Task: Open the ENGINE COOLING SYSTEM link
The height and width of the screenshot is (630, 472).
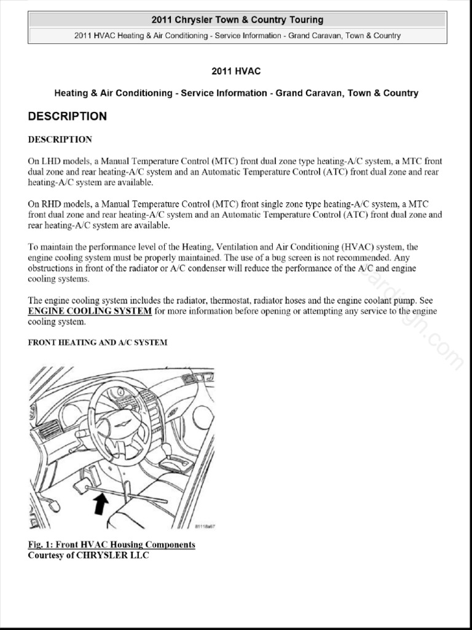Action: click(90, 311)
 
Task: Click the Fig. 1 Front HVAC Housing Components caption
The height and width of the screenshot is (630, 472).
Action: click(111, 544)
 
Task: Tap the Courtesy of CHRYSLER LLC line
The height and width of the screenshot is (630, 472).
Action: click(88, 556)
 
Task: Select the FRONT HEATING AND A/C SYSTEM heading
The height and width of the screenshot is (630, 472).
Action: click(97, 343)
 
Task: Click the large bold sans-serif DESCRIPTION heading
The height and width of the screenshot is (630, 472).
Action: click(67, 116)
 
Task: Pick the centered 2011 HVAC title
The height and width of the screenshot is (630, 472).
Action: click(236, 72)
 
